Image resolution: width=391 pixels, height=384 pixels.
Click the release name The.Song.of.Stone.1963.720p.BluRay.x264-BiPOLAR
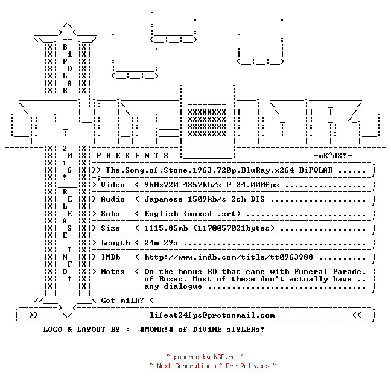pyautogui.click(x=219, y=170)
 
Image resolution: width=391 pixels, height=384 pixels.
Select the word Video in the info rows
pyautogui.click(x=113, y=185)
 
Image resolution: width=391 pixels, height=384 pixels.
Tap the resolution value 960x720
pyautogui.click(x=161, y=185)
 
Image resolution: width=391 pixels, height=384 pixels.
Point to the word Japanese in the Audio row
pyautogui.click(x=164, y=199)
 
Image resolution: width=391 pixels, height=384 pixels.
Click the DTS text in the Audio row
pyautogui.click(x=258, y=199)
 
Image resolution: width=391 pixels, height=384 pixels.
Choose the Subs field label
pyautogui.click(x=110, y=214)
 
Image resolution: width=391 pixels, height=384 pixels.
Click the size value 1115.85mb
pyautogui.click(x=166, y=228)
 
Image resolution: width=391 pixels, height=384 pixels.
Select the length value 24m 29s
pyautogui.click(x=161, y=243)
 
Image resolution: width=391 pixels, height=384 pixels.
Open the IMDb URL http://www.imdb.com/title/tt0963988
pyautogui.click(x=229, y=257)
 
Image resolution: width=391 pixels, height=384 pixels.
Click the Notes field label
pyautogui.click(x=113, y=272)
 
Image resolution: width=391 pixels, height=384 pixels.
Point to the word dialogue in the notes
pyautogui.click(x=183, y=286)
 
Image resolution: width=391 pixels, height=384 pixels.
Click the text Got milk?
pyautogui.click(x=122, y=301)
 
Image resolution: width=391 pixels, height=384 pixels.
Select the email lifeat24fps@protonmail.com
pyautogui.click(x=212, y=315)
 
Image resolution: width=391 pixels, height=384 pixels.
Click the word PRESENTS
pyautogui.click(x=132, y=156)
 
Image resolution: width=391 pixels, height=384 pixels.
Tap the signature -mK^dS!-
pyautogui.click(x=332, y=156)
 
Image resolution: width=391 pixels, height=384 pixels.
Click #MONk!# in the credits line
pyautogui.click(x=156, y=329)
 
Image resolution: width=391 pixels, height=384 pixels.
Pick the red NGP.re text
pyautogui.click(x=224, y=357)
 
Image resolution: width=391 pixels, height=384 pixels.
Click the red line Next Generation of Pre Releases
pyautogui.click(x=213, y=366)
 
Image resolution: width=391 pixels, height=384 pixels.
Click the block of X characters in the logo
pyautogui.click(x=207, y=123)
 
